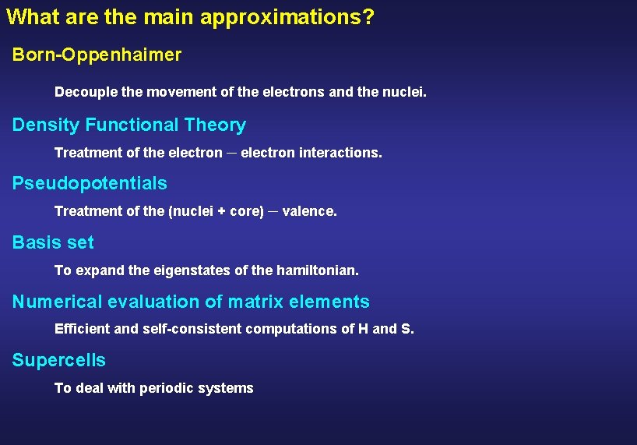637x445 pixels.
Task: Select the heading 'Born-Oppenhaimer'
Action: click(x=97, y=55)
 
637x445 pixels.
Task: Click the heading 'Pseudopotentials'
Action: click(x=90, y=183)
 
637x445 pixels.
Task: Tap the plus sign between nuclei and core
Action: click(x=222, y=211)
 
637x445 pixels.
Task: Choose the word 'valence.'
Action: click(x=309, y=211)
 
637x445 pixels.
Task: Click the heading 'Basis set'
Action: click(x=53, y=242)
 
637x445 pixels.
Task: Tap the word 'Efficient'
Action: click(x=83, y=329)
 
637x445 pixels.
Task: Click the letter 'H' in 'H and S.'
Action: click(x=363, y=329)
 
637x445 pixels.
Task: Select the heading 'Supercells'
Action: click(x=59, y=360)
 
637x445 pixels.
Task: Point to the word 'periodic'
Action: click(x=164, y=388)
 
